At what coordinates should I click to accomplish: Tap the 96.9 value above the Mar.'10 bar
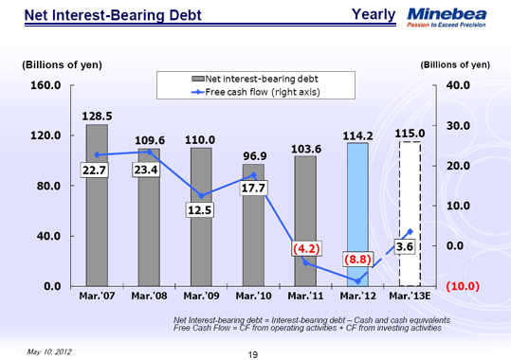[253, 154]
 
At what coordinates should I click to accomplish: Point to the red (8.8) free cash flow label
[357, 258]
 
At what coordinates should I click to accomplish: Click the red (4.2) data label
[305, 248]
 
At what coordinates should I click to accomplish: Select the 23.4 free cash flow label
[146, 170]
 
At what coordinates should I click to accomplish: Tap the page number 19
[252, 353]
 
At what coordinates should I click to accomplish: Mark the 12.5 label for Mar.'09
[199, 210]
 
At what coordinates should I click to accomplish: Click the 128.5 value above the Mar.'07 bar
[97, 114]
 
